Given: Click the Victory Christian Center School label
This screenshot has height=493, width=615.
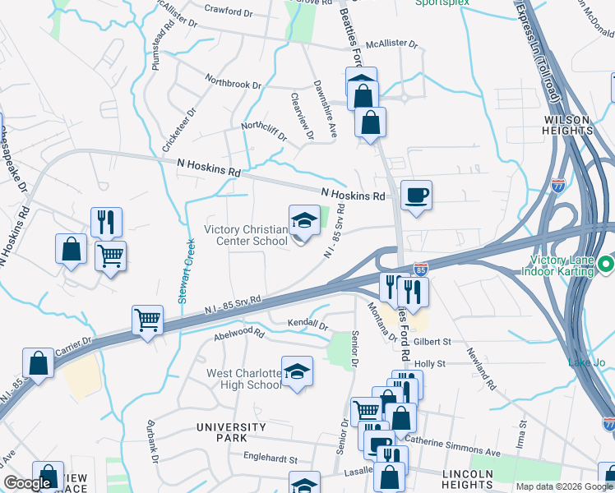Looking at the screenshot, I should [245, 234].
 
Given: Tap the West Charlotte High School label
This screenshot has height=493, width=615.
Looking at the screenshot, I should [244, 379].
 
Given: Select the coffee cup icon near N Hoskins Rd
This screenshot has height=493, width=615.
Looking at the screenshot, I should [416, 196].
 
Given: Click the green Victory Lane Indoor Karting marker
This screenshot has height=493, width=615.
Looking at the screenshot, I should [606, 265].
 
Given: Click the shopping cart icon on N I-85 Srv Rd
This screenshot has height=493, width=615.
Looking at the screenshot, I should [147, 320].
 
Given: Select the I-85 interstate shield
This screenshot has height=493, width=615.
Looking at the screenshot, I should [420, 269].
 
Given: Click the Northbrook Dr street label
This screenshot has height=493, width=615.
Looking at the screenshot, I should [233, 84].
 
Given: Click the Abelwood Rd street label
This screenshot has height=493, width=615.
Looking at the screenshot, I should [238, 334].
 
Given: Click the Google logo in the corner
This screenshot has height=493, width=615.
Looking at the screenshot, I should [27, 483].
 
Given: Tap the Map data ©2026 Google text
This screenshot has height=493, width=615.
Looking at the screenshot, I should [563, 486].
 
